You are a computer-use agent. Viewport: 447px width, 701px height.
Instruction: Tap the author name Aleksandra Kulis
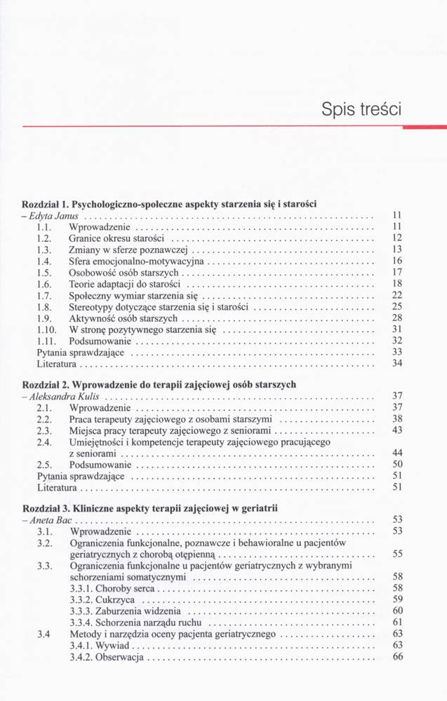pos(64,396)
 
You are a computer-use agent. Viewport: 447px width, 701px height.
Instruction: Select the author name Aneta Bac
pos(50,520)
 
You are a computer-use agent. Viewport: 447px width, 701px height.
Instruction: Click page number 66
pos(398,657)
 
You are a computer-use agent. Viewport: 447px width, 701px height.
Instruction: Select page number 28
pos(396,318)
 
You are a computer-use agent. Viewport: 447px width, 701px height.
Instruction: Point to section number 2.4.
pos(42,442)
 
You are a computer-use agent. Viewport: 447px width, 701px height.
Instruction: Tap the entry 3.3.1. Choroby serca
pos(112,587)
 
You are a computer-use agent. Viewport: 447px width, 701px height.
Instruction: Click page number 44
pos(397,454)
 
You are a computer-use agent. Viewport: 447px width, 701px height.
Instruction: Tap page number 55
pos(397,554)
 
